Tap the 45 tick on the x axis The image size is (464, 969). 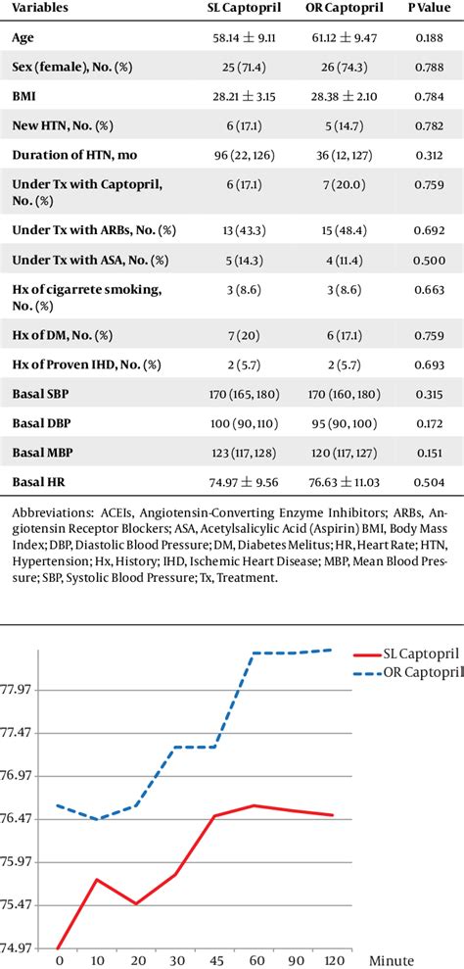[214, 959]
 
